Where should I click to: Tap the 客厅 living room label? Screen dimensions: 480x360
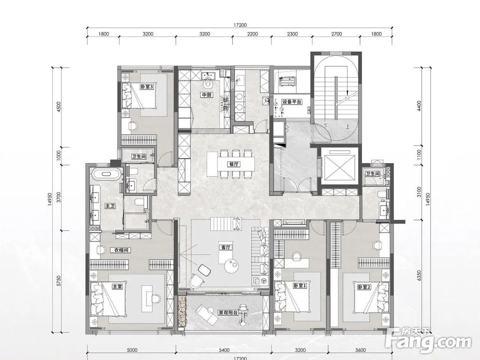pos(226,247)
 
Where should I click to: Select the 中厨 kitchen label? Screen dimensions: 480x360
pos(206,95)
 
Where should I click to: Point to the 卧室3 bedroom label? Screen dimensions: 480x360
pos(146,87)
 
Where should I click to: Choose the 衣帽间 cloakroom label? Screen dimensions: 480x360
pos(121,250)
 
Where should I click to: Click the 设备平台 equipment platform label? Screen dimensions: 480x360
pos(292,102)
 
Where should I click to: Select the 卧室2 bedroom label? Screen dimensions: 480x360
pos(364,287)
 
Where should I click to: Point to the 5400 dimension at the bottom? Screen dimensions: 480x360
pos(224,350)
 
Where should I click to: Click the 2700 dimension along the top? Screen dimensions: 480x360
pos(336,34)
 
